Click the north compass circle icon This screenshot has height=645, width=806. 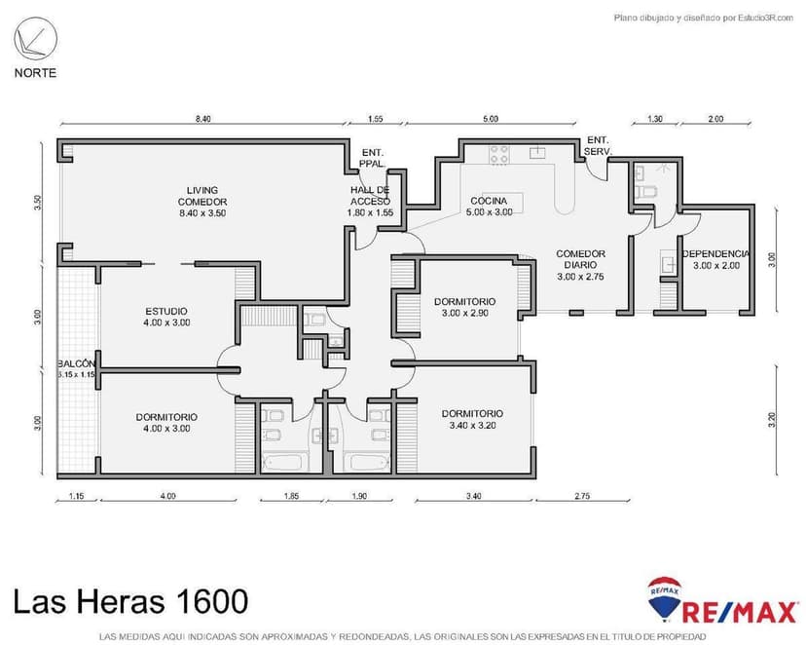point(35,41)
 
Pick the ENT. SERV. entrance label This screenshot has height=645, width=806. point(597,147)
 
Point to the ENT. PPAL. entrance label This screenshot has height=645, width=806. point(372,159)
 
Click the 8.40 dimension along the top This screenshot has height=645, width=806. point(202,119)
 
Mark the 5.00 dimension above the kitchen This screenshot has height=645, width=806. point(490,119)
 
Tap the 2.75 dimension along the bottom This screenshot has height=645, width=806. point(582,497)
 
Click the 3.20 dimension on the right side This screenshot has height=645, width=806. point(772,419)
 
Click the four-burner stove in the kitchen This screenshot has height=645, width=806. point(499,154)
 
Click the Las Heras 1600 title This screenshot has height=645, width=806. point(130,600)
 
